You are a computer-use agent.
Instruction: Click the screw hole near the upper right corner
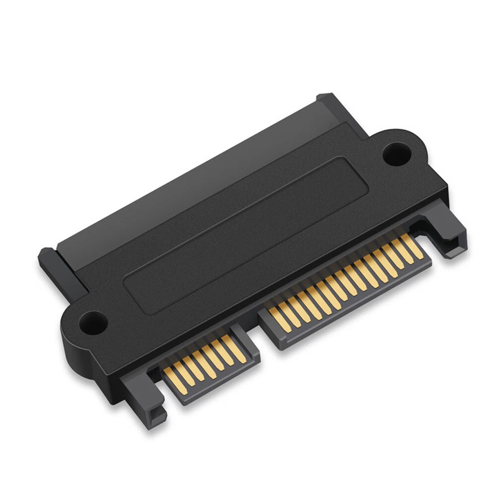pos(396,153)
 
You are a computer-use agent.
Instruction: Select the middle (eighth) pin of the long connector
pos(344,281)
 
